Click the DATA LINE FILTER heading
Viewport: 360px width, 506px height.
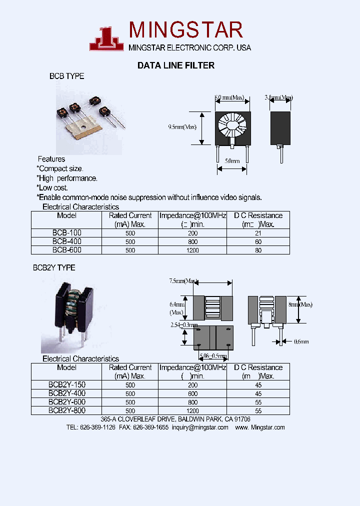pyautogui.click(x=176, y=65)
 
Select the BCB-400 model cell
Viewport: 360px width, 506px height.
pyautogui.click(x=67, y=241)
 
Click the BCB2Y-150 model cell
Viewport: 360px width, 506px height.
pyautogui.click(x=67, y=385)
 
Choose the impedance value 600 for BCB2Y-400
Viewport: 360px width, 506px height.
pyautogui.click(x=192, y=393)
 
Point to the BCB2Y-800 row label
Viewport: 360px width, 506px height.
pyautogui.click(x=67, y=410)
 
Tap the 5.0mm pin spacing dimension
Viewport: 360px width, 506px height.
pyautogui.click(x=232, y=161)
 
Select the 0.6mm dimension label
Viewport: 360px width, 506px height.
pyautogui.click(x=301, y=341)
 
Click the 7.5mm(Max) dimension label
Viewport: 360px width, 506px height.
pyautogui.click(x=183, y=281)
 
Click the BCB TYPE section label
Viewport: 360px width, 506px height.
pyautogui.click(x=66, y=76)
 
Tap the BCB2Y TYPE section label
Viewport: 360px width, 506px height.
pyautogui.click(x=54, y=268)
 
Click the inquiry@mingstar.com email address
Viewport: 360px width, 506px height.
pyautogui.click(x=199, y=427)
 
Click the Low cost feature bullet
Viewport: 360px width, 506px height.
pyautogui.click(x=52, y=187)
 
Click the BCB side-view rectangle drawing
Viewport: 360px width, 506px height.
pyautogui.click(x=280, y=128)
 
